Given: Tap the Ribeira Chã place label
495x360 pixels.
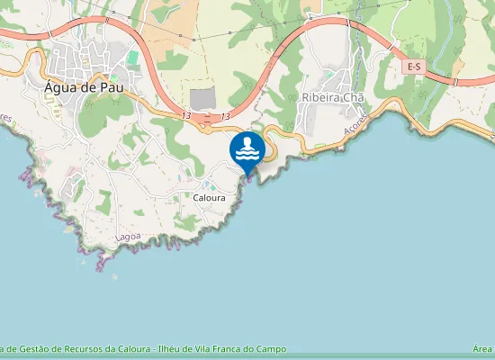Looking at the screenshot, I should [327, 97].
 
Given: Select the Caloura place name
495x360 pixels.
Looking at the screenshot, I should [209, 196].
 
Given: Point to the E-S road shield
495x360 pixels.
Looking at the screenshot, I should [415, 67].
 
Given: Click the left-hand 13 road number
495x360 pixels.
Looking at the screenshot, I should [185, 116].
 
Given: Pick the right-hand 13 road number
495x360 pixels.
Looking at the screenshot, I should [224, 116].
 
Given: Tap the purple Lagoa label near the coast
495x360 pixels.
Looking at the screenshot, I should [129, 237].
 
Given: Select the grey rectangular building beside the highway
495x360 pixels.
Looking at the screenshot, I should [203, 97].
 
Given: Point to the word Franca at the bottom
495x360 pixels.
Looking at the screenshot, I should [227, 349].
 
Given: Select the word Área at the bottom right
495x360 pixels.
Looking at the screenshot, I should [481, 349].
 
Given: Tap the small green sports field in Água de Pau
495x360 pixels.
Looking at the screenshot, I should [132, 58].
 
